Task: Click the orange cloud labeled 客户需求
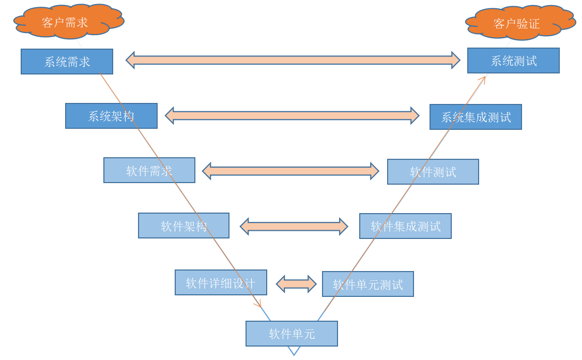[x=67, y=22]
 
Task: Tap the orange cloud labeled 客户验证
[x=519, y=23]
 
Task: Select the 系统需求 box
[x=67, y=62]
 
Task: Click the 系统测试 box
[x=513, y=61]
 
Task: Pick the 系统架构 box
[x=111, y=116]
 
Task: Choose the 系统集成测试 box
[x=476, y=117]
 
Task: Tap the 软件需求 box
[x=149, y=170]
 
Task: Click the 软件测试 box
[x=433, y=172]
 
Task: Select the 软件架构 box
[x=183, y=226]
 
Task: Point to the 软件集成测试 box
[x=405, y=226]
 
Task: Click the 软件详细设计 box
[x=221, y=282]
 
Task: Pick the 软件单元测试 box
[x=367, y=284]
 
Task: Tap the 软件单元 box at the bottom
[x=292, y=334]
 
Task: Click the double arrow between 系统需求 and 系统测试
[x=293, y=60]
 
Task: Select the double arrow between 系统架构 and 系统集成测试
[x=292, y=115]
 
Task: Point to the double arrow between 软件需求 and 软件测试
[x=290, y=171]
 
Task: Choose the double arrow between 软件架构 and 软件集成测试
[x=294, y=226]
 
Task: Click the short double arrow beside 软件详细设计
[x=296, y=283]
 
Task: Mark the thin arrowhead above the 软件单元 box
[x=258, y=305]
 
